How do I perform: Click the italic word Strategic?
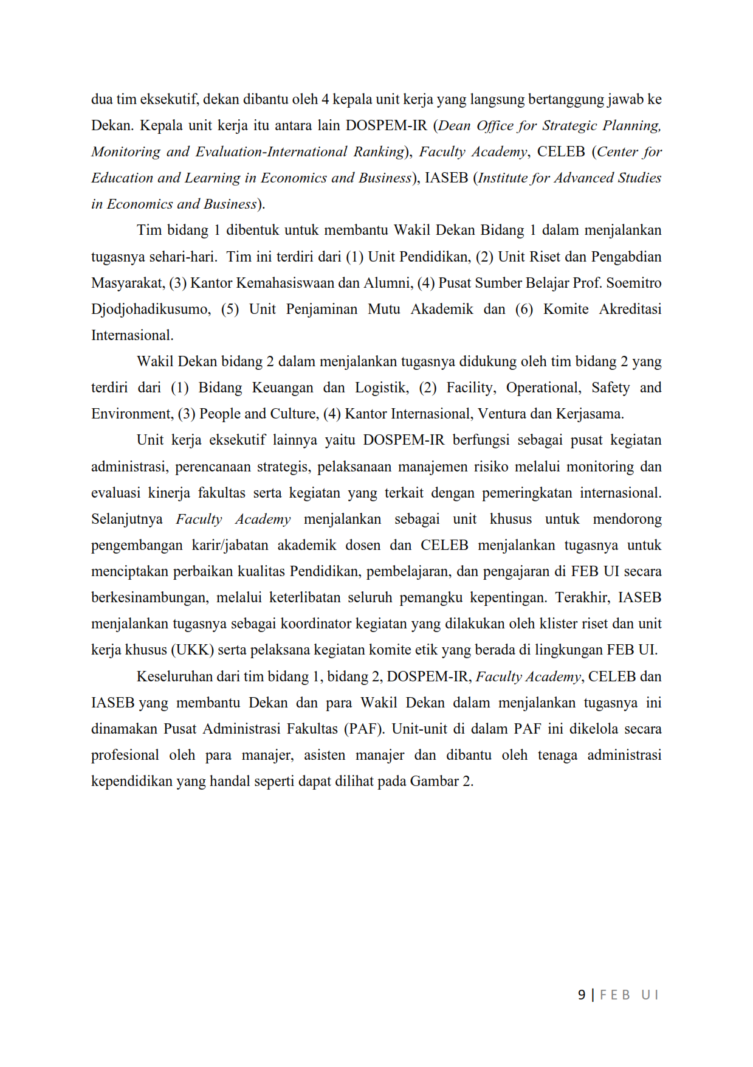569,126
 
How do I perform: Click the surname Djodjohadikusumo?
150,309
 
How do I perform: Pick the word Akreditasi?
630,309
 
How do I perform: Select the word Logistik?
382,388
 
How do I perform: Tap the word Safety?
610,388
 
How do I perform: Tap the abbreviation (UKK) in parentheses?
192,650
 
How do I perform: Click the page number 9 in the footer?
582,995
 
